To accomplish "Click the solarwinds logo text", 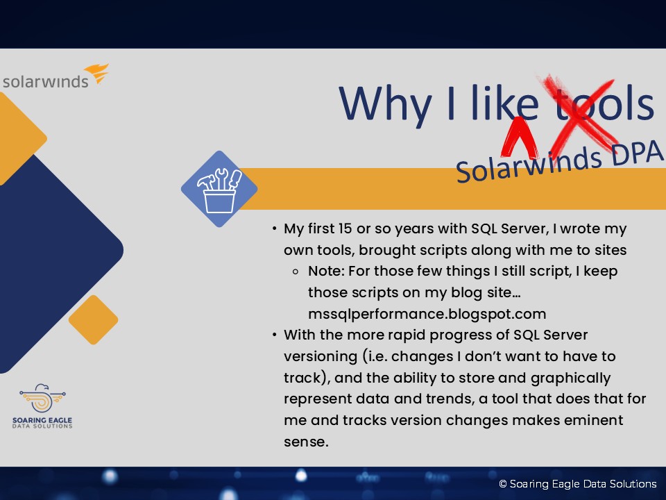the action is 46,81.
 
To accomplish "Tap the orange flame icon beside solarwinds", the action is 97,73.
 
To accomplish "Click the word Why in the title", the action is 385,105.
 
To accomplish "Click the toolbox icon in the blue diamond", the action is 220,190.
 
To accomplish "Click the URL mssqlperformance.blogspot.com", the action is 427,314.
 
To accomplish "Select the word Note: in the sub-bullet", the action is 326,272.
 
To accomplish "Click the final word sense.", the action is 306,442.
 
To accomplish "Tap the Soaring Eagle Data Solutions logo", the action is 42,406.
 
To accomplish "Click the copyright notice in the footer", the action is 578,484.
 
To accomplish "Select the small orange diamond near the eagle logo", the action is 94,319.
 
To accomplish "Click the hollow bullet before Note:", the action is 296,272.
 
